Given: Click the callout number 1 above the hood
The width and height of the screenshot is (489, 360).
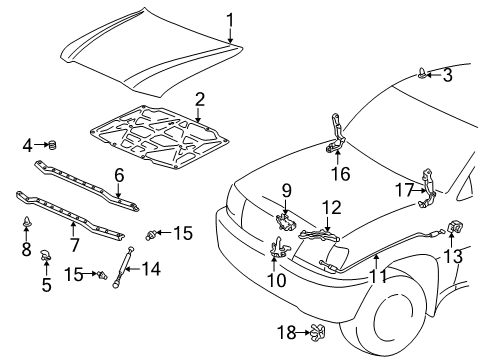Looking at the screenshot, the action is click(230, 20).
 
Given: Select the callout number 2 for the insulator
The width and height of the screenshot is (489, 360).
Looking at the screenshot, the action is click(200, 99).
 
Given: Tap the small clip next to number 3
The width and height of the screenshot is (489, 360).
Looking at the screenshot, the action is click(423, 73).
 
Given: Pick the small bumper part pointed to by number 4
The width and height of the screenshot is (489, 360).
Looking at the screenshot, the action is click(53, 145).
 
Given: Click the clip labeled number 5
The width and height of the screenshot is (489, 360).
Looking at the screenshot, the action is click(46, 255).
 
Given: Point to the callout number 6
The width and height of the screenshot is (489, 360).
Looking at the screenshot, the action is click(119, 175).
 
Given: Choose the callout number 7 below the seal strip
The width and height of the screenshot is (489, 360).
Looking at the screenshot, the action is click(74, 244).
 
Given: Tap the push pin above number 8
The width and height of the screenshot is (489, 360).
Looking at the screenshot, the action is click(26, 222).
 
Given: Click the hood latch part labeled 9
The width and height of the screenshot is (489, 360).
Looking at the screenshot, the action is click(285, 221).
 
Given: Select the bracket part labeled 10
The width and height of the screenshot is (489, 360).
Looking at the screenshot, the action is click(278, 248).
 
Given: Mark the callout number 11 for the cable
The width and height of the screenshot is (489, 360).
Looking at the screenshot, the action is click(379, 276).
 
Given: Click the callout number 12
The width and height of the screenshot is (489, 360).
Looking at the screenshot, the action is click(332, 207).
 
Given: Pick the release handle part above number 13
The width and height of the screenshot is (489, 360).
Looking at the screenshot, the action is click(453, 227).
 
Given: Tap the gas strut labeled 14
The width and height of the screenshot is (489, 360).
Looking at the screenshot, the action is click(123, 267).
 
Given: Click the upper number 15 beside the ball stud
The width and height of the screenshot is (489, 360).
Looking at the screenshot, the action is click(183, 233).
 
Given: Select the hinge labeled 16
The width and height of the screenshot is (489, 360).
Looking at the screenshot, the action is click(336, 133).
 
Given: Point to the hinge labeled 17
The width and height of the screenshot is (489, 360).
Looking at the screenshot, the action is click(428, 188).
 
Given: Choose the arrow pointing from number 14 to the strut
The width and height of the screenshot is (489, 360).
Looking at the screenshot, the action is click(133, 269).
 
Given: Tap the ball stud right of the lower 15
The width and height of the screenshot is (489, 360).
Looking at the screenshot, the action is click(102, 275).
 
